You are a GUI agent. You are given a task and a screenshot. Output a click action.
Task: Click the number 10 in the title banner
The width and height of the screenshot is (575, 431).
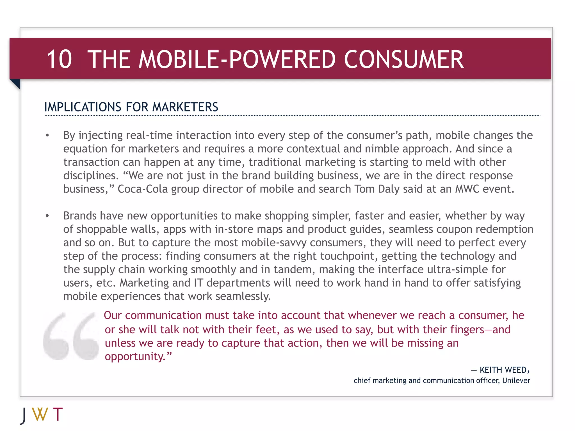59,59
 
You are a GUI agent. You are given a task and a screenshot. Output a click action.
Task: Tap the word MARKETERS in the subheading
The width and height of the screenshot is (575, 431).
185,107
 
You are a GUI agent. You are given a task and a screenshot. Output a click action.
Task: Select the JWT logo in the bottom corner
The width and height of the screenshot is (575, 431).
42,415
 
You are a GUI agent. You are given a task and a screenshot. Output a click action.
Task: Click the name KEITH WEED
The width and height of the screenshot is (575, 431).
503,370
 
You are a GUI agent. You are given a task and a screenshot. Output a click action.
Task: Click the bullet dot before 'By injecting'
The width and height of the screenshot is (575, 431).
47,136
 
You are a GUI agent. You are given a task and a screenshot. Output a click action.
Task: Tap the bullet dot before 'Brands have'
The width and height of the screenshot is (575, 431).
47,216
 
